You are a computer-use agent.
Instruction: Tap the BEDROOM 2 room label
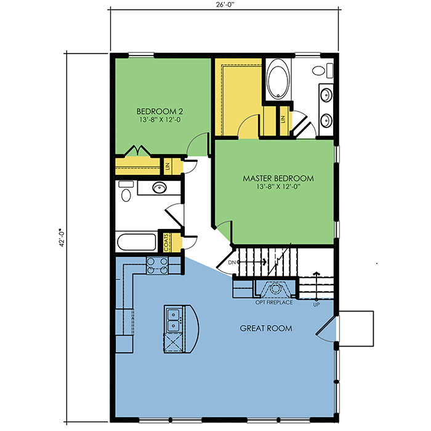159,111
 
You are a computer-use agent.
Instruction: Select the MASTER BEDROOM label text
278,179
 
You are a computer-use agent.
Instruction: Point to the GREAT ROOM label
266,328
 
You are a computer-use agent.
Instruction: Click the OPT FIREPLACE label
274,302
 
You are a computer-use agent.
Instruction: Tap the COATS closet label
166,243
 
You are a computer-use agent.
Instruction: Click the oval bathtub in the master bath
278,79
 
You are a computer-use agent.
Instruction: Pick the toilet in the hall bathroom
126,191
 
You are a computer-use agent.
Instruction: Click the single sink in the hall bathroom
159,188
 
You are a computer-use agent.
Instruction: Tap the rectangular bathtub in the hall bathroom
136,242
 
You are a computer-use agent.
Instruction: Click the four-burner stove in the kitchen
157,265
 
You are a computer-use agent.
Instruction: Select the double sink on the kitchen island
174,320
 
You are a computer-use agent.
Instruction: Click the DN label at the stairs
232,262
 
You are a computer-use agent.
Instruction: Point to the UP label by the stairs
316,305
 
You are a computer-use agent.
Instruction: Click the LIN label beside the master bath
283,119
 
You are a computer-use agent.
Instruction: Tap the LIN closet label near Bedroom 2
167,166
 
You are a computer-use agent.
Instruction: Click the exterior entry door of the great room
326,329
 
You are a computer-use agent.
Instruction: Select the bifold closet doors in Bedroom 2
137,151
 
